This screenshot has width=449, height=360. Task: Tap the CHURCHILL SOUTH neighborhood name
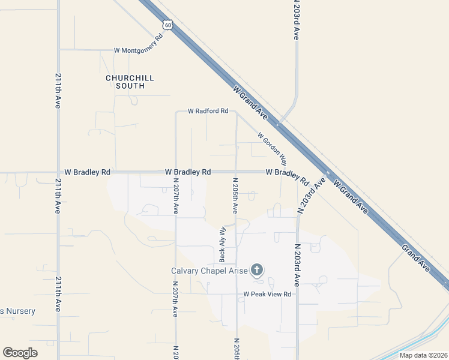click(x=130, y=82)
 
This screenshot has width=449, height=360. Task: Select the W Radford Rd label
click(x=208, y=111)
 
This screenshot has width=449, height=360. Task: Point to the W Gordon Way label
click(x=272, y=149)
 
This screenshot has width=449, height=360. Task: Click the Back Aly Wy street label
click(x=222, y=244)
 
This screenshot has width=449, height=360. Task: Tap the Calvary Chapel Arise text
click(x=209, y=270)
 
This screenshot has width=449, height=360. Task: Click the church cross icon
click(x=257, y=269)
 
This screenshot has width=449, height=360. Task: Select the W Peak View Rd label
click(x=267, y=294)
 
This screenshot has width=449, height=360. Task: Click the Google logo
click(x=20, y=353)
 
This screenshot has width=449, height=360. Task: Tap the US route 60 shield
click(x=169, y=24)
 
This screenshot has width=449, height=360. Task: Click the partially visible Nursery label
click(x=17, y=311)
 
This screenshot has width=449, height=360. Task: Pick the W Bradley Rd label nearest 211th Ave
click(x=87, y=172)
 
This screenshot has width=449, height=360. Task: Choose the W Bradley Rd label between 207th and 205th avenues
click(x=188, y=172)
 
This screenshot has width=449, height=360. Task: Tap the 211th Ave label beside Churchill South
click(x=58, y=91)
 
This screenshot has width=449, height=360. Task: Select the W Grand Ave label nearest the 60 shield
click(x=252, y=102)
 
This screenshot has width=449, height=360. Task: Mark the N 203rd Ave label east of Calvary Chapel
click(x=297, y=265)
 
